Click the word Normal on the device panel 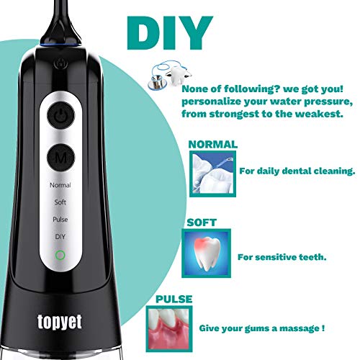click(60, 185)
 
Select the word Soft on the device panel click(60, 202)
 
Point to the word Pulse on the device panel click(60, 219)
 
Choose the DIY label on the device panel click(60, 236)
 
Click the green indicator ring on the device click(60, 254)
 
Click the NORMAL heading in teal click(214, 143)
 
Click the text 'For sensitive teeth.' click(279, 256)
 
